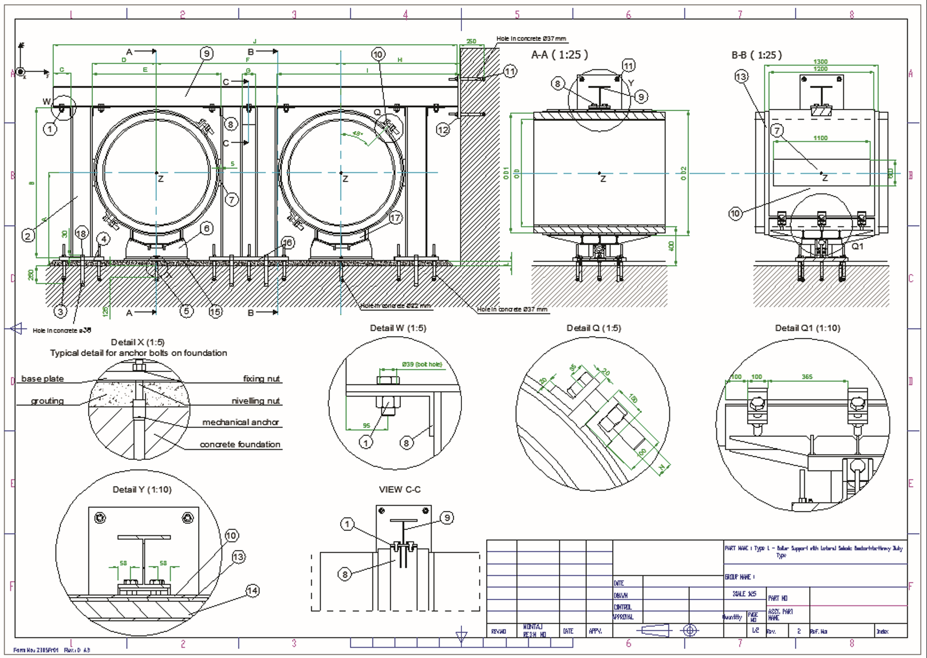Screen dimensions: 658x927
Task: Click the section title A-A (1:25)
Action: coord(559,55)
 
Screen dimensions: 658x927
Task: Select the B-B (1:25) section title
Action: coord(757,55)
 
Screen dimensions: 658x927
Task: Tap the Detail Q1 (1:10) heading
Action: coord(808,328)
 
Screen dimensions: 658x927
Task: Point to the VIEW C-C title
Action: coord(399,490)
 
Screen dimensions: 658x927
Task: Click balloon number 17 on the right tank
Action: coord(395,218)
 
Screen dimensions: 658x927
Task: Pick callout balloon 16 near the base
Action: coord(287,243)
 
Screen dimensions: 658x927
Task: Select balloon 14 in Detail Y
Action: coord(252,591)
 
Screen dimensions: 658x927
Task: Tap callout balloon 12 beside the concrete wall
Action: coord(443,130)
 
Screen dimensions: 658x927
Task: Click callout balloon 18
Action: coord(81,234)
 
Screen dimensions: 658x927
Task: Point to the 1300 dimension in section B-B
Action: coord(820,61)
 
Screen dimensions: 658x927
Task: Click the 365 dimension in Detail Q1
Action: coord(807,377)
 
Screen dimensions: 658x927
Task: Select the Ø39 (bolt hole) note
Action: coord(422,364)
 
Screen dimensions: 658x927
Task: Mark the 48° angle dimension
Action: coord(357,134)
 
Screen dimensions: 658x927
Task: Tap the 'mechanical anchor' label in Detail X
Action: coord(241,422)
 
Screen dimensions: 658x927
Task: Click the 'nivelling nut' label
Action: coord(256,401)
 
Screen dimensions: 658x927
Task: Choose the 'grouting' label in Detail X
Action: coord(47,401)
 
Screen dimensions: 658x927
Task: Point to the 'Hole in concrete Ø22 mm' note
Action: coord(395,306)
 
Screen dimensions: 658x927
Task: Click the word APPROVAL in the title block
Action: coord(623,617)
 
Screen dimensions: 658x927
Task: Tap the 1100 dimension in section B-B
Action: coord(820,138)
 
